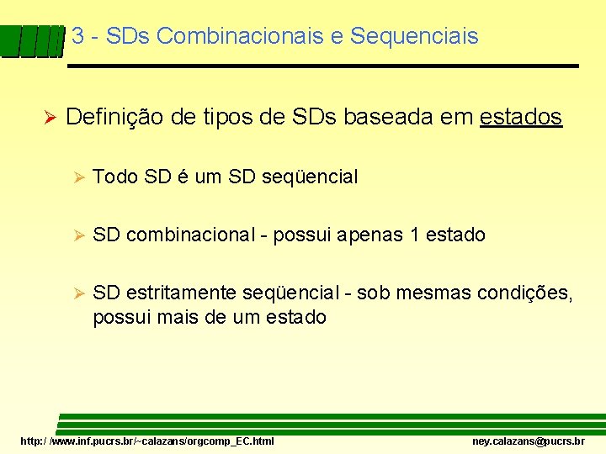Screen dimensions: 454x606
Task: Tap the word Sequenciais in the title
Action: tap(413, 37)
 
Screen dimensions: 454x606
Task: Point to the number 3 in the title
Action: tap(78, 37)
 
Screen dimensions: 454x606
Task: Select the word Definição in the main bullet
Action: tap(115, 118)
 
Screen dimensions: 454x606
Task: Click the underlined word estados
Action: tap(520, 118)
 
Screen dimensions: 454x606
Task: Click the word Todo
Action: tap(115, 177)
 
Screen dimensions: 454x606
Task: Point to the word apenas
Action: tap(369, 235)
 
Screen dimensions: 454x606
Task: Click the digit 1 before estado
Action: tap(414, 235)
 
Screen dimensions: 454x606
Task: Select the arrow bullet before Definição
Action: tap(48, 119)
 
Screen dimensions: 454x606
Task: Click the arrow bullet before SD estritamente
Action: tap(77, 293)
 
